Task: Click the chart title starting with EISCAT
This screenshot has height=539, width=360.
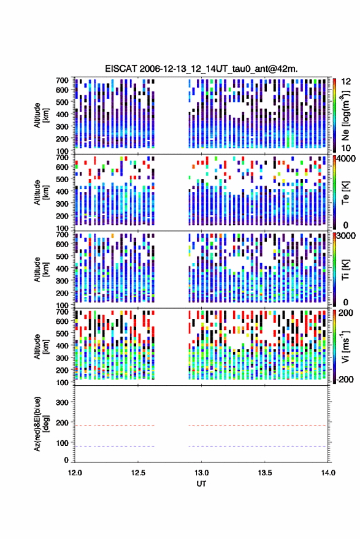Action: tap(201, 69)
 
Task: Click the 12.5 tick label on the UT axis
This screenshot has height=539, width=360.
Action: tap(138, 473)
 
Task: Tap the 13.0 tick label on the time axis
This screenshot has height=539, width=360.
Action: tap(201, 473)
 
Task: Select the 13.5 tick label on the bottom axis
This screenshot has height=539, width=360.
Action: tap(264, 473)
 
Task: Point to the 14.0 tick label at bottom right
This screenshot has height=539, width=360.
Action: tap(328, 473)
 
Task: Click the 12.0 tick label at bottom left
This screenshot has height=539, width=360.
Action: tap(75, 473)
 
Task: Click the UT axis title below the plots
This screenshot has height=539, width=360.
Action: tap(201, 484)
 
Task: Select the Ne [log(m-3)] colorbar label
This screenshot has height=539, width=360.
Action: tap(345, 115)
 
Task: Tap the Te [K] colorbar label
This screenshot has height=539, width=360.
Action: tap(345, 193)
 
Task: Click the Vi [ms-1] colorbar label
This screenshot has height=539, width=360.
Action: tap(345, 346)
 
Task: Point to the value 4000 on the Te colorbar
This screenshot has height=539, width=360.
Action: tap(346, 159)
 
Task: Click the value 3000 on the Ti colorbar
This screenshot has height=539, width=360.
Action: tap(346, 236)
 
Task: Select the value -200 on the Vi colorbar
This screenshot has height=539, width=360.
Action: tap(344, 380)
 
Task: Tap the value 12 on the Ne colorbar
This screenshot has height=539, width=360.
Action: tap(346, 82)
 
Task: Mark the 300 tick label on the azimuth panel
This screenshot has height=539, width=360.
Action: tap(62, 402)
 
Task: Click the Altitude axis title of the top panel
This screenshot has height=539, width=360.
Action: tap(40, 115)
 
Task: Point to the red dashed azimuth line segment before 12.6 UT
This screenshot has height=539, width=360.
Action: tap(115, 426)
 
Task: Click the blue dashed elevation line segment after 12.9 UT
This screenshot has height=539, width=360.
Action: tap(258, 446)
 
